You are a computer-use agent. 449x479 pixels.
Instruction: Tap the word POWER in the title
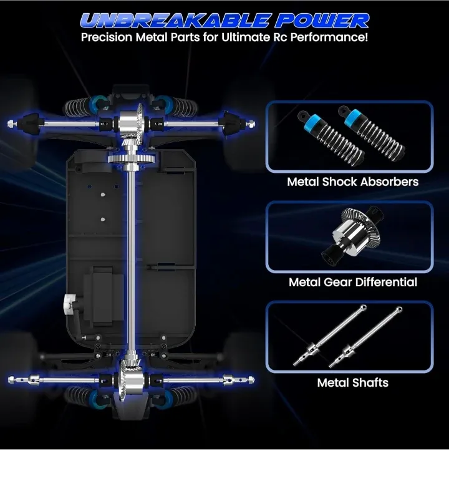(x=322, y=21)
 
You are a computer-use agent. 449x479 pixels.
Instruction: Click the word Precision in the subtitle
(x=107, y=37)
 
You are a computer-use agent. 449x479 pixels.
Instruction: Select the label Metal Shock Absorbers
(x=353, y=181)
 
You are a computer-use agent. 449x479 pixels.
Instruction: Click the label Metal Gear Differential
(x=353, y=282)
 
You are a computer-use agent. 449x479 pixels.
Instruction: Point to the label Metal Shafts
(x=353, y=382)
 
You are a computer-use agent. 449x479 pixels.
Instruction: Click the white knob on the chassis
(x=69, y=303)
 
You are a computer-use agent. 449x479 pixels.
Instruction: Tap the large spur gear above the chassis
(x=131, y=158)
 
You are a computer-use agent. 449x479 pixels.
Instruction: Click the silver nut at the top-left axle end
(x=11, y=123)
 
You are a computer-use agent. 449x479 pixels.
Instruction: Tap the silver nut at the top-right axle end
(x=251, y=123)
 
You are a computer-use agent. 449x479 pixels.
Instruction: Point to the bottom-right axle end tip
(x=251, y=380)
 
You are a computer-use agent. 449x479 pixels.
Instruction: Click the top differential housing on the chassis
(x=130, y=122)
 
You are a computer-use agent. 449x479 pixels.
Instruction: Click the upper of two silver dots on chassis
(x=103, y=195)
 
